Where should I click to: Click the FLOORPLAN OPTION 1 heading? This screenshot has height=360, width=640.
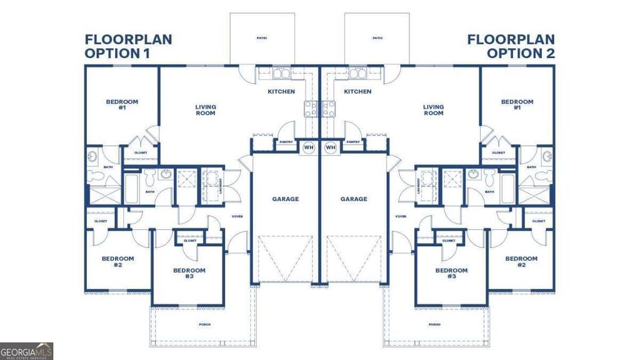tap(128, 46)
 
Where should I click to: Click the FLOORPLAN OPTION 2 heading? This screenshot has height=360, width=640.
tap(511, 46)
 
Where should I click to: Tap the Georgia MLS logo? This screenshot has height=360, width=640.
tap(26, 351)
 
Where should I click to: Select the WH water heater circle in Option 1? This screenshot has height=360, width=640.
tap(309, 147)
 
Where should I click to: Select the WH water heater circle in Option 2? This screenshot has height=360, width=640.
tap(331, 147)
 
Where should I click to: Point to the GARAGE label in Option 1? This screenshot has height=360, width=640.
tap(285, 199)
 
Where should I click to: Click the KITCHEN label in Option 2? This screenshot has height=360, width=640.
tap(357, 92)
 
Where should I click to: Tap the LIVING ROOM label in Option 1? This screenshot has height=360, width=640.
tap(206, 110)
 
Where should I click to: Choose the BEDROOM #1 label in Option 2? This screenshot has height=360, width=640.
tap(517, 104)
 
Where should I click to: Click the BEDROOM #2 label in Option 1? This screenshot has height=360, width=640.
tap(118, 261)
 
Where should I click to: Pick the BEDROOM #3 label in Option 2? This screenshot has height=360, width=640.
tap(451, 273)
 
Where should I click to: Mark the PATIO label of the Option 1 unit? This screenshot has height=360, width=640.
tap(262, 38)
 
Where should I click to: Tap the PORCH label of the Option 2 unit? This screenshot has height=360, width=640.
tap(434, 324)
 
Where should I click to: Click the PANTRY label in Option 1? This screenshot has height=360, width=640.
tap(286, 142)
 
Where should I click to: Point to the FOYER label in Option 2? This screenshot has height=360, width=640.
tap(401, 216)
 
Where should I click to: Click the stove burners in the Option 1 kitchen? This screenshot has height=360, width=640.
tap(311, 109)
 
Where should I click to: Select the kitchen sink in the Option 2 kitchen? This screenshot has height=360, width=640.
tap(357, 74)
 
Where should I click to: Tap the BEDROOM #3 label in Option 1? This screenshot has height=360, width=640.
tap(189, 273)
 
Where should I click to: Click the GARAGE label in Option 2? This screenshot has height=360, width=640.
tap(354, 199)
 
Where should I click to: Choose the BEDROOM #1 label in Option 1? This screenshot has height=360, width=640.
tap(122, 104)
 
